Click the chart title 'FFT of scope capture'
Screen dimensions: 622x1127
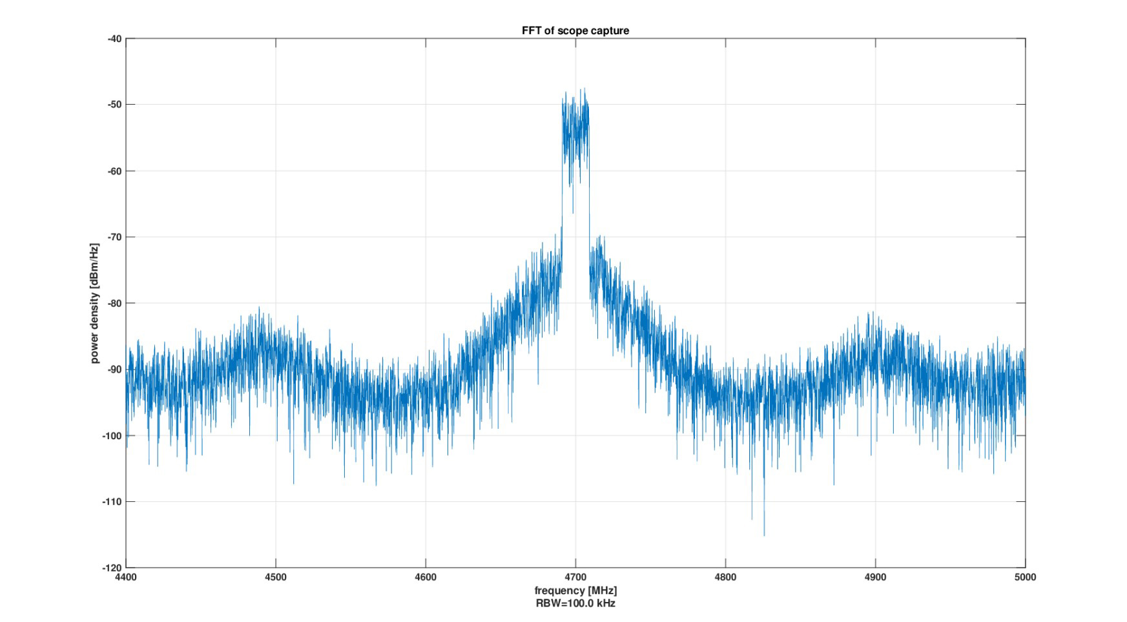click(575, 30)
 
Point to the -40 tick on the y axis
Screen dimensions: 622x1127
click(114, 39)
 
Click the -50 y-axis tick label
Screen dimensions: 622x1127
click(114, 105)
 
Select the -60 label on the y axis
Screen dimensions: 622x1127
click(114, 171)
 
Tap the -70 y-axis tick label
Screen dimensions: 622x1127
click(114, 237)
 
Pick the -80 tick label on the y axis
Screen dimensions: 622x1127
click(114, 304)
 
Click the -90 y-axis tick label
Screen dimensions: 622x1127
click(114, 369)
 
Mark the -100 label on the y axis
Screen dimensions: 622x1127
click(112, 436)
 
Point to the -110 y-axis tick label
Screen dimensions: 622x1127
click(112, 502)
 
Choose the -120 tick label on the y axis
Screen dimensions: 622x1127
click(112, 568)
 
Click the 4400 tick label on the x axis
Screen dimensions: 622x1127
click(126, 577)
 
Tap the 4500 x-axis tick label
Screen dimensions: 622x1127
click(276, 577)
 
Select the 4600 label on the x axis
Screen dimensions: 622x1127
click(426, 577)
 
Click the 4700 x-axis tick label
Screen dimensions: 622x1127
click(575, 577)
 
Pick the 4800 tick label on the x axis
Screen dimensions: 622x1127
click(725, 577)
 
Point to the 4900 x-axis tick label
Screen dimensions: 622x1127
click(875, 577)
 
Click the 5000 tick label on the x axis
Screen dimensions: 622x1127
click(1025, 577)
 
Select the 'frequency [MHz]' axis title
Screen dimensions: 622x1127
click(575, 591)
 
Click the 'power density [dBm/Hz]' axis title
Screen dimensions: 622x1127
click(95, 304)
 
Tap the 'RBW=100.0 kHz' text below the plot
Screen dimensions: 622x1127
click(575, 604)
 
